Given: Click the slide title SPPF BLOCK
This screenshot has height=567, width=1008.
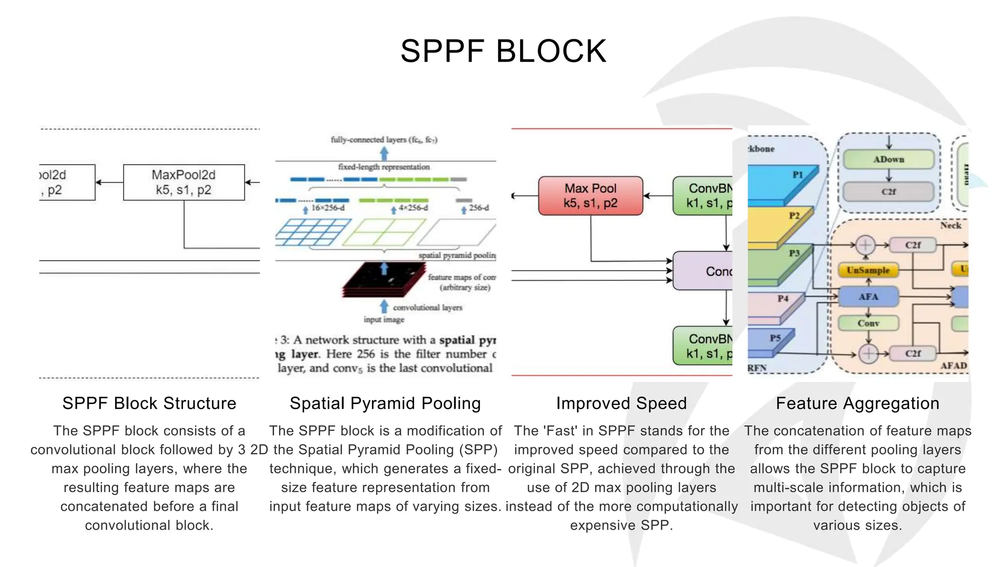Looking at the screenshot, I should coord(503,51).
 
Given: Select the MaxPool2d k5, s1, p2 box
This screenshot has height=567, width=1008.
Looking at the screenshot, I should coord(184,183).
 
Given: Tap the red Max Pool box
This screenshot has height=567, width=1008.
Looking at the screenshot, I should coord(590,196).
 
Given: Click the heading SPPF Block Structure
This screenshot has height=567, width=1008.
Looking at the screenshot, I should coord(149,404).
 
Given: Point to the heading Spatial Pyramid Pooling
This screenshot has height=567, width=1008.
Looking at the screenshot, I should coord(385,404).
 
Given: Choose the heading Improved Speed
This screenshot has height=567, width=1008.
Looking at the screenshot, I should coord(621,404).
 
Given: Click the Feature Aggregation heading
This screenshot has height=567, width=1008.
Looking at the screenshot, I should coord(857,404).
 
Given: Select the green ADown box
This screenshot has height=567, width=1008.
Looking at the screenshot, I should coord(888,159).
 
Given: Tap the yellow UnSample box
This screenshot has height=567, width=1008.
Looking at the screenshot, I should coord(868,270).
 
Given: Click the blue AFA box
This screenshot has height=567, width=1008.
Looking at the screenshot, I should coord(868,297).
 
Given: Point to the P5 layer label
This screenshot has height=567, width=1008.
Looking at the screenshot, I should coord(775,338).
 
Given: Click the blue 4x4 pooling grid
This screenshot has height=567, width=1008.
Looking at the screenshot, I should coord(313,232).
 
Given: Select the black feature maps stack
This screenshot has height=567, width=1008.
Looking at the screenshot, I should coord(384,280).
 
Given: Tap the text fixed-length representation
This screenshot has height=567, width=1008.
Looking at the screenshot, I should coord(383,167).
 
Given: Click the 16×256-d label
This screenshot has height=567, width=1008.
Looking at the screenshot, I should coord(328,208).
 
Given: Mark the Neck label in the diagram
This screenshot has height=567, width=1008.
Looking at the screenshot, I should coord(950,225).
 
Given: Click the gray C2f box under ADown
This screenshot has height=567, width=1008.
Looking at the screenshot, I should coord(888,192).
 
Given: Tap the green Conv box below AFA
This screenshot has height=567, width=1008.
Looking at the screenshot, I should coord(868,323).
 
